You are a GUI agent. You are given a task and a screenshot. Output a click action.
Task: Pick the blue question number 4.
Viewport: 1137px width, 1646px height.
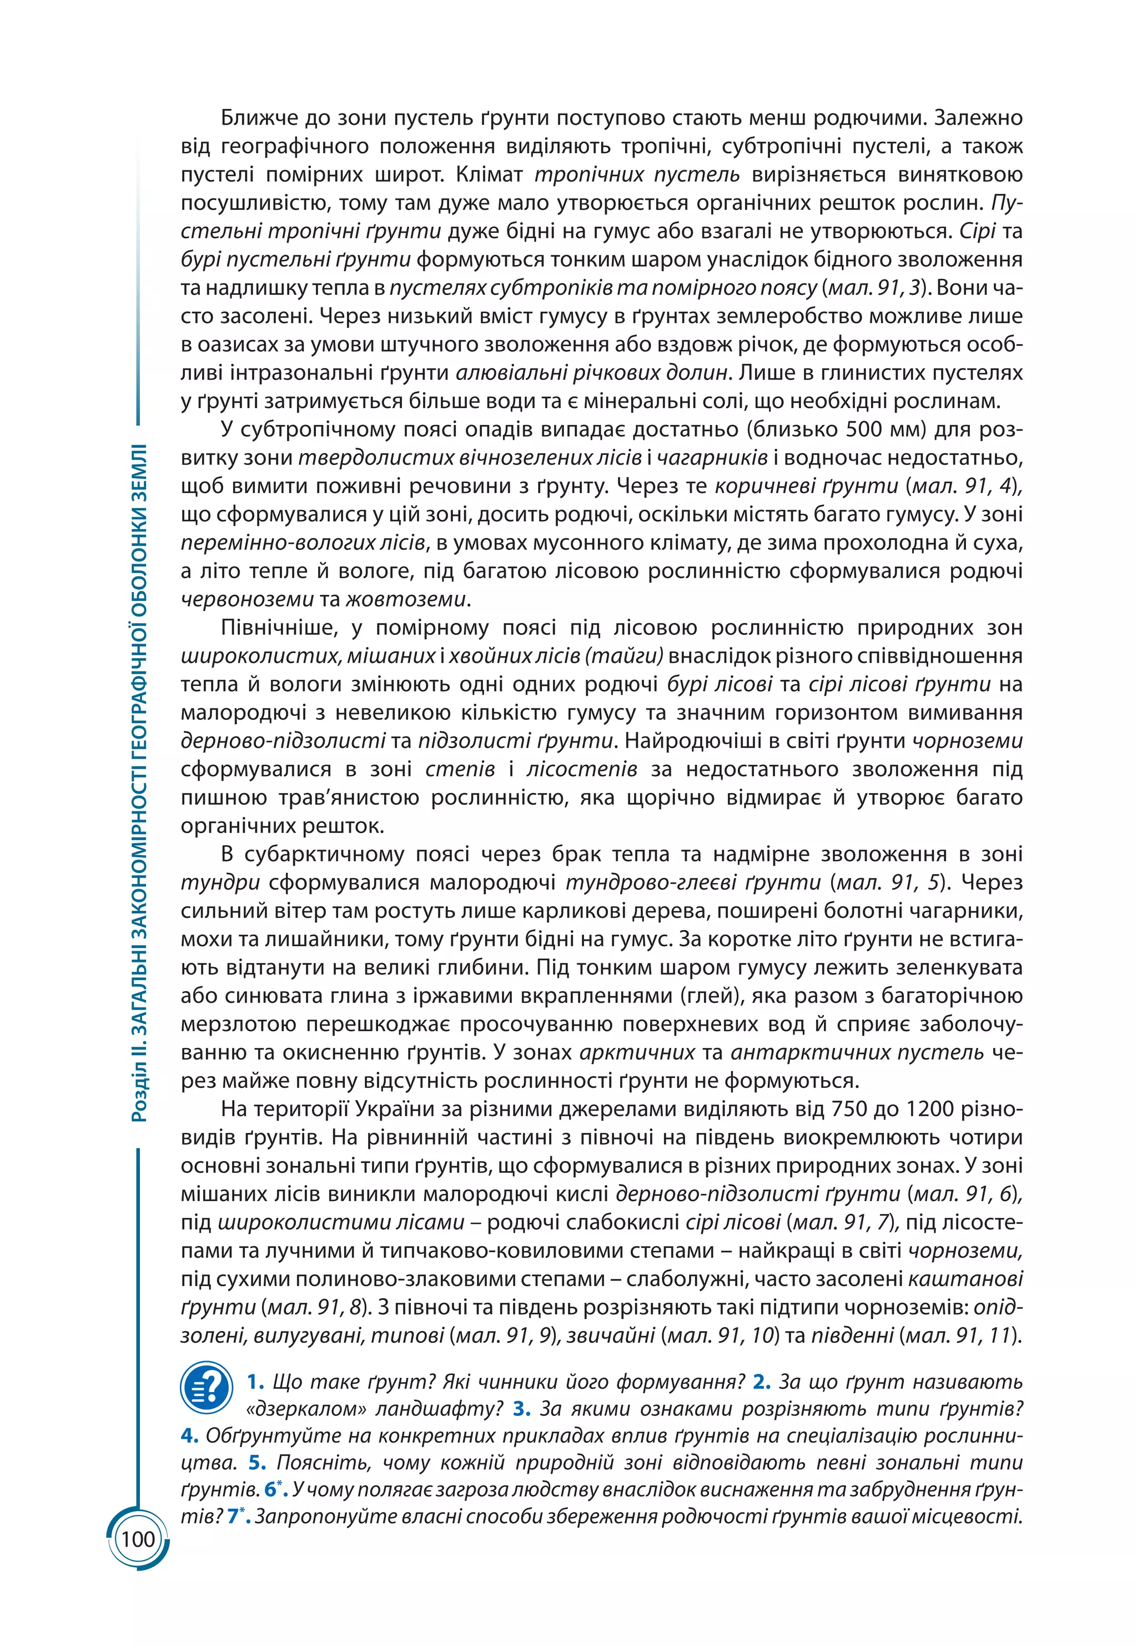coord(189,1435)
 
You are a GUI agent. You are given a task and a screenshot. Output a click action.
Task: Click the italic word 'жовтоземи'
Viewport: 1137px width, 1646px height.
coord(406,599)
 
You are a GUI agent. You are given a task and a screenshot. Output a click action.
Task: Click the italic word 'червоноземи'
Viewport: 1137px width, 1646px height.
coord(247,599)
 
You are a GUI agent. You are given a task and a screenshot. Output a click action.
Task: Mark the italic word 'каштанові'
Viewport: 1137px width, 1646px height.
coord(965,1279)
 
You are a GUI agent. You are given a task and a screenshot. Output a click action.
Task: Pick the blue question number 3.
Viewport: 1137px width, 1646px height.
coord(521,1409)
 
